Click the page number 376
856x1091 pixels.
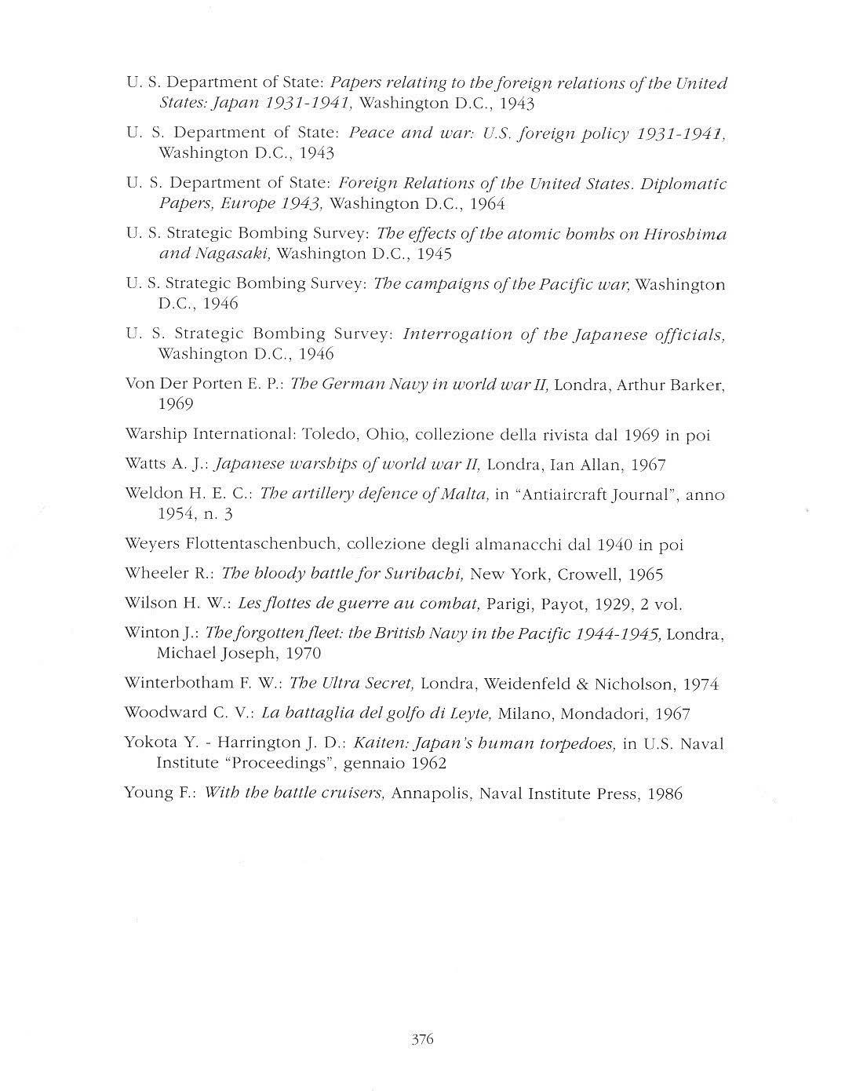tap(422, 1040)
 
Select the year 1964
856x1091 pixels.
tap(487, 204)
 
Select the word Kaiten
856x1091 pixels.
tap(378, 743)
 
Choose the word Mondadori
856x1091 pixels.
tap(596, 714)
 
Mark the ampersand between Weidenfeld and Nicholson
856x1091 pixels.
tap(581, 684)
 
